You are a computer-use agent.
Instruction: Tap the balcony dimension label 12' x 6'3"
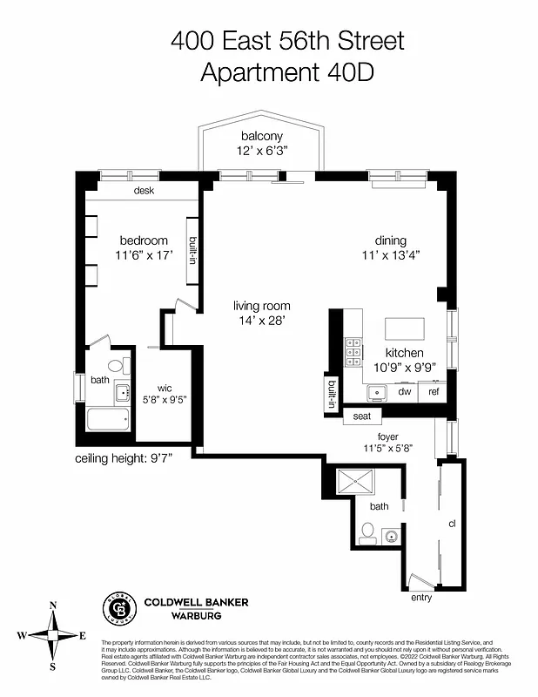pos(261,151)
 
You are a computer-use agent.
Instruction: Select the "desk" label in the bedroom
pos(144,190)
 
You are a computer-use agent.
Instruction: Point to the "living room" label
pos(261,306)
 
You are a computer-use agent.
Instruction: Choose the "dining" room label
pos(391,240)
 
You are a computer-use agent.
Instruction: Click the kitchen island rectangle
pos(405,328)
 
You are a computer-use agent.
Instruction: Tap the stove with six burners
pos(353,351)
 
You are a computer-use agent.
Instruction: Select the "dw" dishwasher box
pos(404,392)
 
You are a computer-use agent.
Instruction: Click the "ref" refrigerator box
pos(433,392)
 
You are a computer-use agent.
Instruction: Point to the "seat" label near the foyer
pos(361,417)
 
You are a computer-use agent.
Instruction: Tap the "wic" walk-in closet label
pos(164,388)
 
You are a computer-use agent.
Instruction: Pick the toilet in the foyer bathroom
pos(367,533)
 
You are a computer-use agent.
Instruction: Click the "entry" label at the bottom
pos(421,598)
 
